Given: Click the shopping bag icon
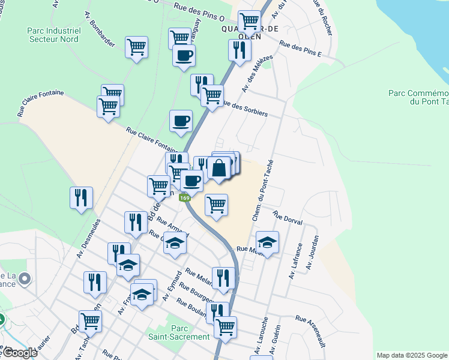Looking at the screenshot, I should coord(220,168).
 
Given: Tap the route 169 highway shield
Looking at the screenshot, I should coord(185,198).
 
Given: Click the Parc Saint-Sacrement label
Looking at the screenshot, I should coord(179,332).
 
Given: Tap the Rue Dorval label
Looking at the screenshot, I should coord(286,217).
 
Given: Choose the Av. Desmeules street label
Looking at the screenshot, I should coord(88,238).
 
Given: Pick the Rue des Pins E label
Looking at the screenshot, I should coord(301,50).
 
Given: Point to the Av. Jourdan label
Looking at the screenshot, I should coord(313,252).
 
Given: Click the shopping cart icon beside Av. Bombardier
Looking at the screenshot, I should coord(137,46).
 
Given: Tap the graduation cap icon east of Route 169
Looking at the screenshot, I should coord(267,242).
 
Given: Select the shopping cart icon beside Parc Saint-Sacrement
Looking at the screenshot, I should coord(225,328).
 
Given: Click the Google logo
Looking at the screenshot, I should coord(20,353).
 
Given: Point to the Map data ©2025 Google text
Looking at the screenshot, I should coord(412,355).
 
